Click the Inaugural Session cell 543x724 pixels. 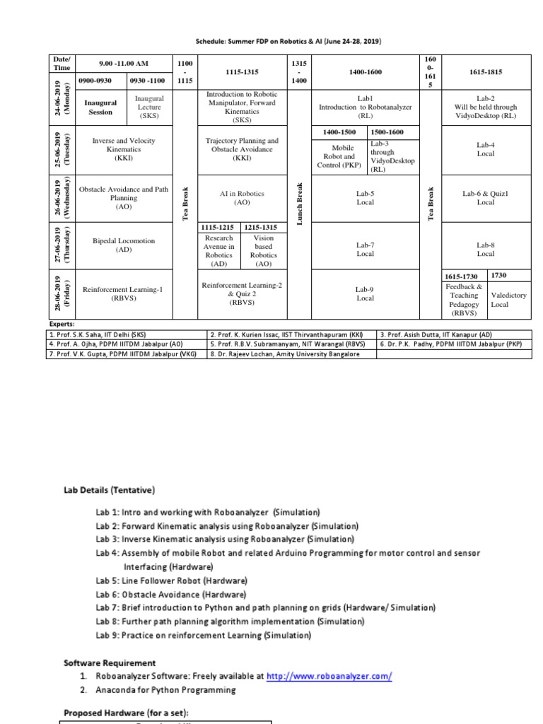(100, 107)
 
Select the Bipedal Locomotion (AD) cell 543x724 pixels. (124, 245)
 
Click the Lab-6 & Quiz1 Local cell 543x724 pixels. (485, 197)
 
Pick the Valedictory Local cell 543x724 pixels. (509, 300)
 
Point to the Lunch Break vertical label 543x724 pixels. (300, 205)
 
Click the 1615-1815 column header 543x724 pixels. (485, 72)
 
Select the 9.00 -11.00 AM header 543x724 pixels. (124, 64)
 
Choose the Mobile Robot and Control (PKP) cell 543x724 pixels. (339, 156)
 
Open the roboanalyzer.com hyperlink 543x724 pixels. (329, 676)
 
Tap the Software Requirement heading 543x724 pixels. (110, 663)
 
